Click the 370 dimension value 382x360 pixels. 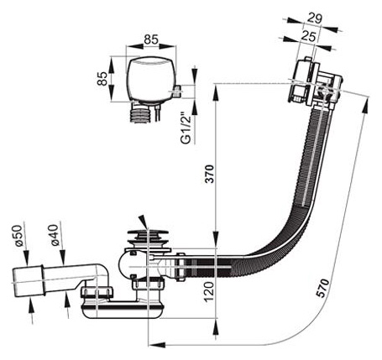tap(210, 175)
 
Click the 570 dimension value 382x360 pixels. tap(323, 288)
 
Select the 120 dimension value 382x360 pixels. tap(209, 292)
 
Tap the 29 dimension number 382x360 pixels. tap(315, 18)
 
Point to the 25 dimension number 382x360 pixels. tap(309, 37)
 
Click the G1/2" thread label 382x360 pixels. tap(186, 128)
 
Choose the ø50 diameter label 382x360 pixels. tap(18, 235)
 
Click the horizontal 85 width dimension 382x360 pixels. tap(151, 39)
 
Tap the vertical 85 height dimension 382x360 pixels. tap(102, 79)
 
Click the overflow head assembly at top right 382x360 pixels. tap(316, 83)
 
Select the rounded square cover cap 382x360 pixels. tap(150, 79)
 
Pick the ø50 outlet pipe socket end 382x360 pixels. tap(28, 281)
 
